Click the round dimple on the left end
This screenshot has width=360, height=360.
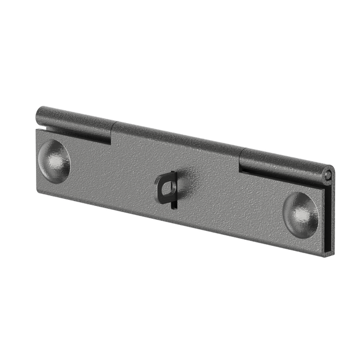coord(55,159)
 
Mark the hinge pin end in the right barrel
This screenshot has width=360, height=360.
coord(329,174)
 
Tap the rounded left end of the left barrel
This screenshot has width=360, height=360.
coord(39,115)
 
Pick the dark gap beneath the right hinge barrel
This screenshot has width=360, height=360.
coord(282,175)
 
